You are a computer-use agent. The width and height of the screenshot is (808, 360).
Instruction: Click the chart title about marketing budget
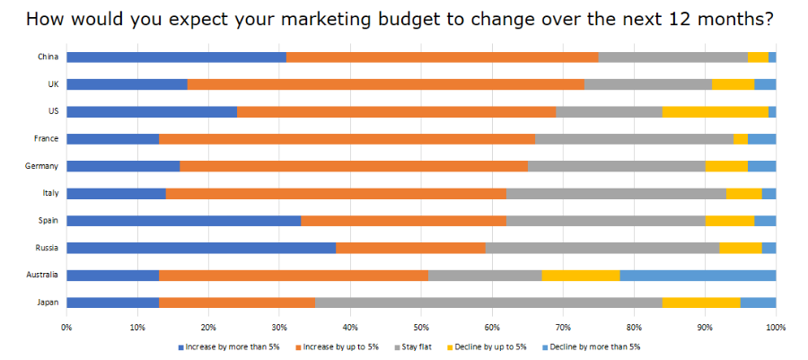click(400, 18)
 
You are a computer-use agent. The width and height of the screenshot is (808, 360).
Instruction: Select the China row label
click(48, 57)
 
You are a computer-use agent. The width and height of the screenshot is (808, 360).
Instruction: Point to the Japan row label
click(48, 303)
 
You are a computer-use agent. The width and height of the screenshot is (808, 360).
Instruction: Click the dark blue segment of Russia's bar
click(201, 248)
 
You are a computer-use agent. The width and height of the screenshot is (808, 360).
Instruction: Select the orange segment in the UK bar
click(386, 84)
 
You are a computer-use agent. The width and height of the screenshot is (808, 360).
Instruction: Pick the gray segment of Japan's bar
click(488, 303)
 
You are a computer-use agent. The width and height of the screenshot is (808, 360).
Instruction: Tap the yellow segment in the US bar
click(715, 111)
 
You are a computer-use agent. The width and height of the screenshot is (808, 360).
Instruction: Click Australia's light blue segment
click(698, 275)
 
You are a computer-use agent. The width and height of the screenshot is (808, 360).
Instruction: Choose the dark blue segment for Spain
click(183, 221)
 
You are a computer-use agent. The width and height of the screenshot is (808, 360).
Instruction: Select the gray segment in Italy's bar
click(616, 193)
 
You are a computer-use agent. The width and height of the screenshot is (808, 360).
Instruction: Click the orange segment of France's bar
click(347, 138)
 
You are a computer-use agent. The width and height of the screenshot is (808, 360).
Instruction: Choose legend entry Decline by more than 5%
click(593, 346)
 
